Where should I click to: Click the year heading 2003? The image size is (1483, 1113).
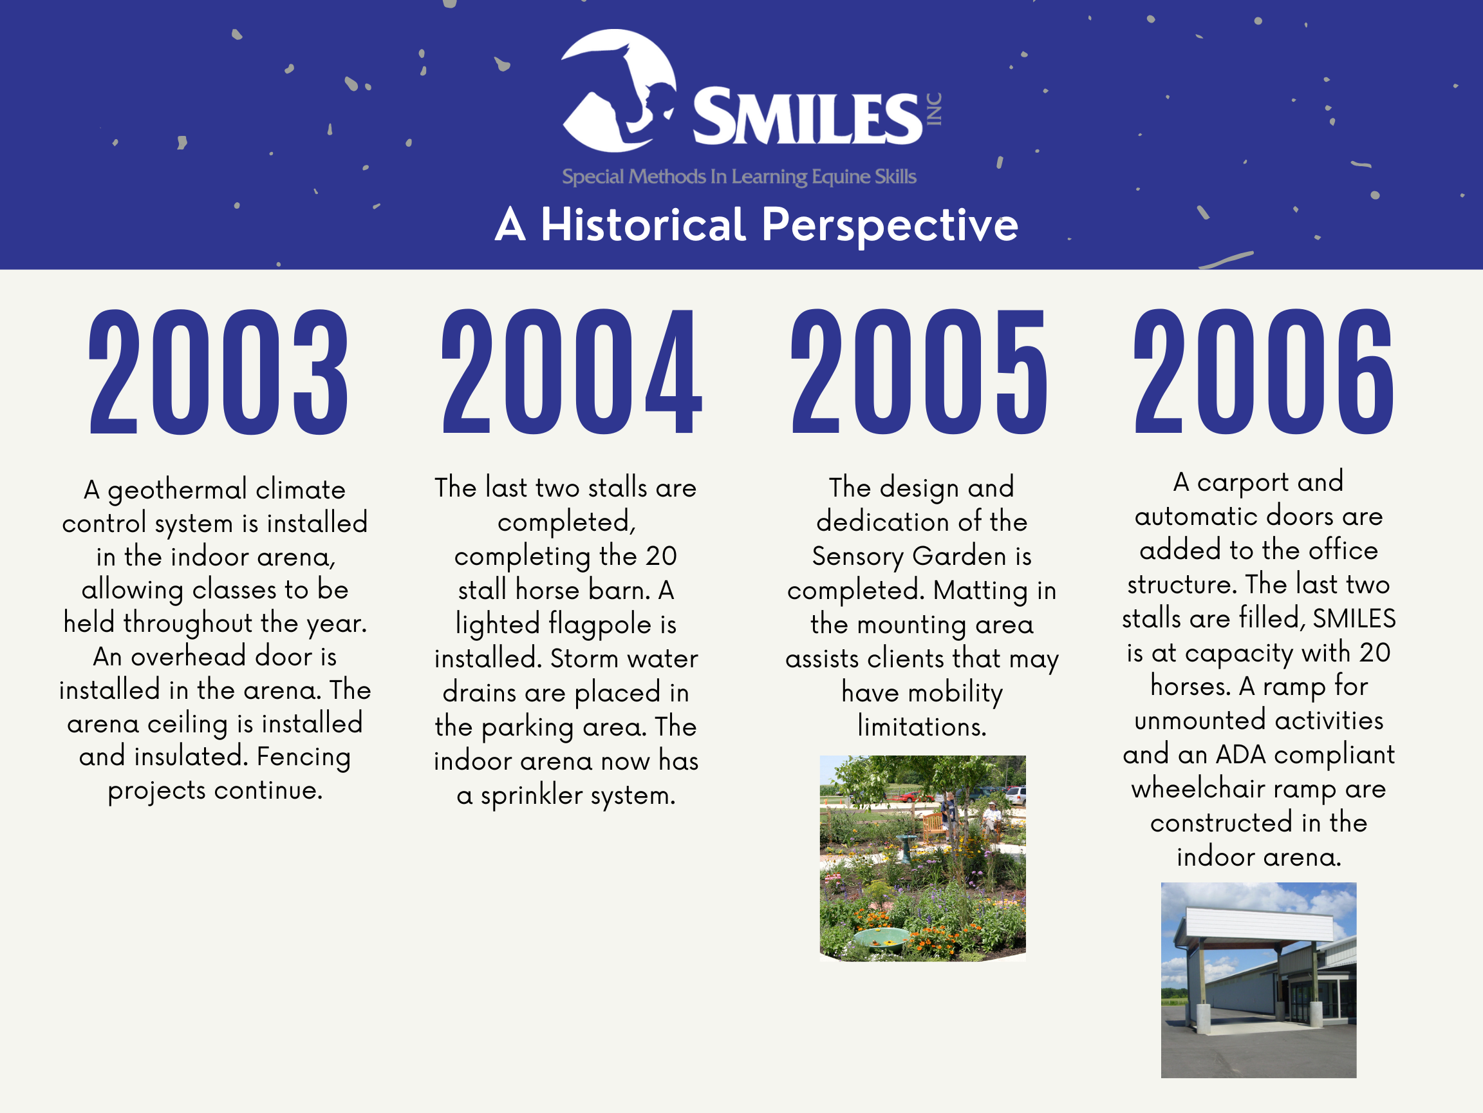pyautogui.click(x=219, y=372)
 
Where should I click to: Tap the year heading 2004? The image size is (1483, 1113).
pyautogui.click(x=571, y=372)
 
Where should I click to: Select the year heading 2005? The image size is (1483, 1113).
pyautogui.click(x=919, y=372)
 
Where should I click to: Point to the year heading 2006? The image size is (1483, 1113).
pyautogui.click(x=1263, y=372)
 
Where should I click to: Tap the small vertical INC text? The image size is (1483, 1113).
pyautogui.click(x=934, y=109)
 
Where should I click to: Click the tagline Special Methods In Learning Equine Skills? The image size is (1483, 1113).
pyautogui.click(x=739, y=176)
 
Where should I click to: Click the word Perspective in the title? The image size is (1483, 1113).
pyautogui.click(x=890, y=225)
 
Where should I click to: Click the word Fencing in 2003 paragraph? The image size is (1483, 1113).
pyautogui.click(x=303, y=757)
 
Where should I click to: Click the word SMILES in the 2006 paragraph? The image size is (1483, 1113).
pyautogui.click(x=1354, y=618)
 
